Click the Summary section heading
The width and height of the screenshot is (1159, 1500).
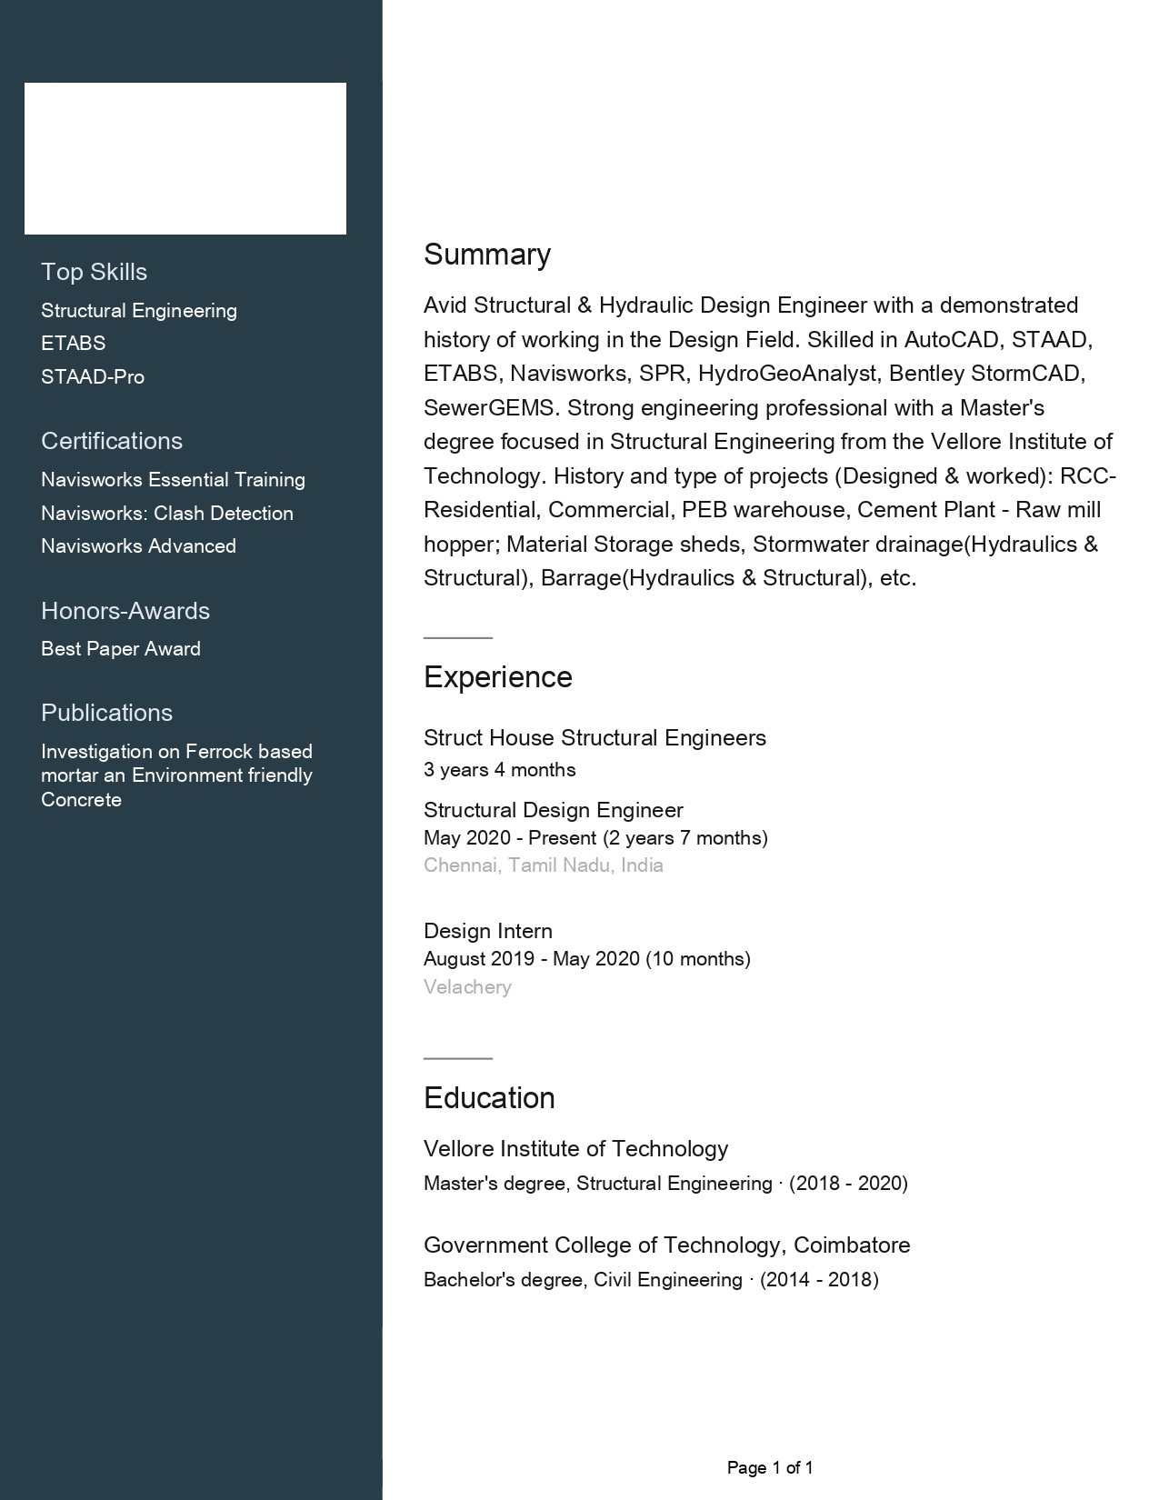click(x=487, y=255)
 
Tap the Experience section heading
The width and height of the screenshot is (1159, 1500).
click(x=498, y=677)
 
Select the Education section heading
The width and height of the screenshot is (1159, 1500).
click(x=489, y=1098)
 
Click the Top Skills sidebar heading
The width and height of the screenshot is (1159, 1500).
click(x=94, y=272)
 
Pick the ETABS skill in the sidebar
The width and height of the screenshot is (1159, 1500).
click(x=73, y=344)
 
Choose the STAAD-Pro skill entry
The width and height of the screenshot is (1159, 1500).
click(x=93, y=376)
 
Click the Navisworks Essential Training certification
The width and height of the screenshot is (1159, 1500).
click(x=173, y=480)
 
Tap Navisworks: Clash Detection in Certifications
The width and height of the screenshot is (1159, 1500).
click(x=167, y=514)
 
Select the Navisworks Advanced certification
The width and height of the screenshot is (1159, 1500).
click(x=138, y=546)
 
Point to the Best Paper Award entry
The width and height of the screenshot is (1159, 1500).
click(x=121, y=649)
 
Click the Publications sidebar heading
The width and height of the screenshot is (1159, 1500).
click(x=106, y=713)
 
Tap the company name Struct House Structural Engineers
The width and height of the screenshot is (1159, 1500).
click(x=594, y=738)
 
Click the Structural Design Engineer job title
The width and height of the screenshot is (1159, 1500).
click(x=554, y=810)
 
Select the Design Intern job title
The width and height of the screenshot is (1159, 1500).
click(x=488, y=931)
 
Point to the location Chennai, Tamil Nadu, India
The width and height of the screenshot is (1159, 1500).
click(x=544, y=865)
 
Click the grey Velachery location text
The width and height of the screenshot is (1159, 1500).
click(x=467, y=987)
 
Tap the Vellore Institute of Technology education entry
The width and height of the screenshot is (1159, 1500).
click(x=575, y=1149)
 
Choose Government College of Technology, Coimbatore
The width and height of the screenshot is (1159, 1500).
click(x=666, y=1245)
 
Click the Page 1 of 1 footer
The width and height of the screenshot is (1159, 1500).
click(x=770, y=1467)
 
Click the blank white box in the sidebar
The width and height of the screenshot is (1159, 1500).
click(x=185, y=159)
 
